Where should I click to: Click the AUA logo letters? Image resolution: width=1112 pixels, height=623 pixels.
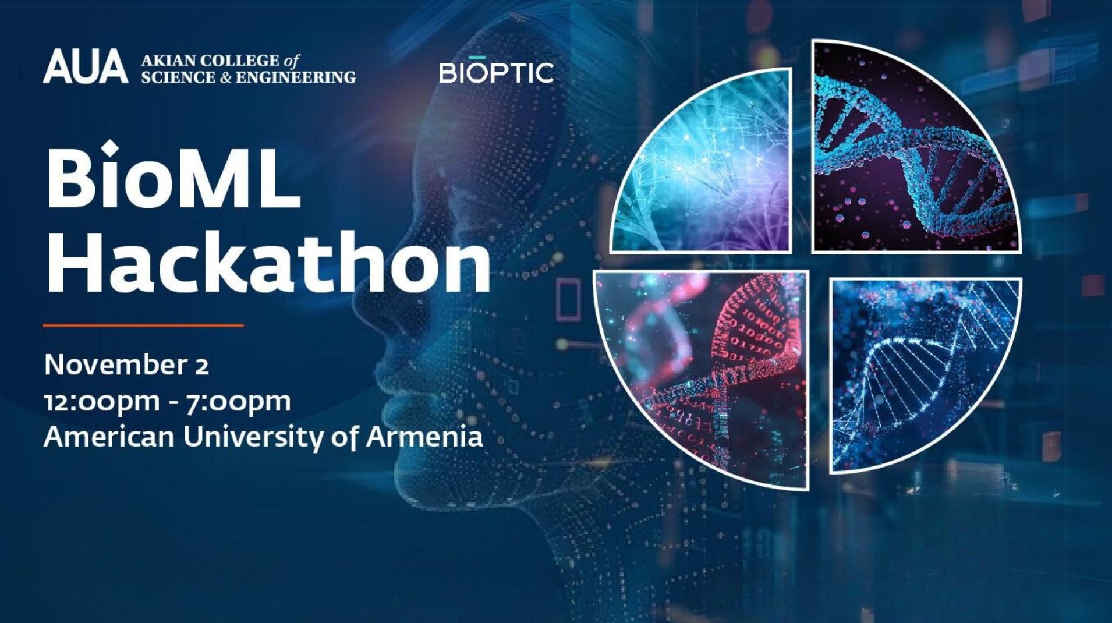pos(85,66)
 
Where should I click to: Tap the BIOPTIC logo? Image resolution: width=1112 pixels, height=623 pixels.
pos(496,70)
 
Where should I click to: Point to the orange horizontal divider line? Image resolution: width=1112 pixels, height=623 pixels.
pos(143,325)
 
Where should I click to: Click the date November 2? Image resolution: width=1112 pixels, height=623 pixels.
pos(126,365)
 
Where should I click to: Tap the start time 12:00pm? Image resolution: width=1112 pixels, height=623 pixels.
pos(102,402)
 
